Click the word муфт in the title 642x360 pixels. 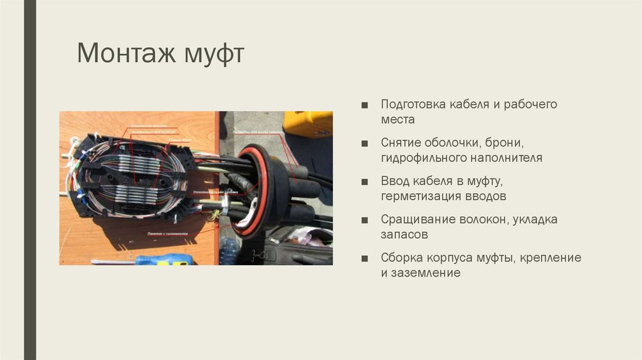[213, 54]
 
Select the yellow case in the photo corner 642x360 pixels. [307, 123]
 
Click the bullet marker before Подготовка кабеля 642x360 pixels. [365, 105]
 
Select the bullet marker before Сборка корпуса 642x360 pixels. [365, 258]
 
